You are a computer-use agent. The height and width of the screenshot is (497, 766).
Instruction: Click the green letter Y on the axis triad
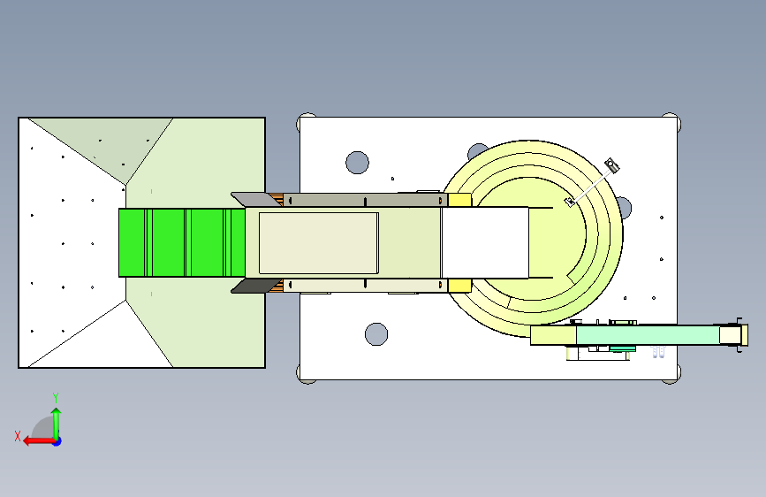(x=56, y=397)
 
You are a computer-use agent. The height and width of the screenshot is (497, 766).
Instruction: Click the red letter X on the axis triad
(x=18, y=436)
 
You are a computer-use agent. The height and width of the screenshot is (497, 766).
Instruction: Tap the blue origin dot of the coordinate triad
(x=57, y=441)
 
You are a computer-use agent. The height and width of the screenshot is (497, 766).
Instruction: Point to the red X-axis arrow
(x=39, y=441)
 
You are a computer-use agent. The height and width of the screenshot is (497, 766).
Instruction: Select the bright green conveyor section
(x=182, y=242)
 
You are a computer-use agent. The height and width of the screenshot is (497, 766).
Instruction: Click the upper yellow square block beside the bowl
(x=459, y=200)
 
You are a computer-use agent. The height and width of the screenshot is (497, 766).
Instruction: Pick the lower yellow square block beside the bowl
(x=459, y=286)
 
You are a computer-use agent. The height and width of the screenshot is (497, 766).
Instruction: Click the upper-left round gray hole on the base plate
(x=357, y=163)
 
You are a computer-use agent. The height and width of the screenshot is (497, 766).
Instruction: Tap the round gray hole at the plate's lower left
(x=376, y=334)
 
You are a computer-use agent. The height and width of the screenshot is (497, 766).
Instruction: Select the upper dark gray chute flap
(x=256, y=199)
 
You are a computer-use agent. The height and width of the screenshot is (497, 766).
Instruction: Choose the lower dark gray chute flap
(x=255, y=287)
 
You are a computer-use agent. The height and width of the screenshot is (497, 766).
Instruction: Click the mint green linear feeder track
(x=648, y=335)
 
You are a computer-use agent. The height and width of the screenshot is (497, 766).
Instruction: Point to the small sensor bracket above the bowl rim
(x=611, y=165)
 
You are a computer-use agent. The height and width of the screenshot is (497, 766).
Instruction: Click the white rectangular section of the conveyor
(x=485, y=242)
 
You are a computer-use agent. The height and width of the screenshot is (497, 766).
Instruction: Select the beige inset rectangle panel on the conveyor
(x=319, y=243)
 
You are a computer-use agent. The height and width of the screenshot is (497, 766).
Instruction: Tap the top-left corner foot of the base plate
(x=307, y=122)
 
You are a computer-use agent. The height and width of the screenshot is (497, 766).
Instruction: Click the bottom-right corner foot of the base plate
(x=671, y=374)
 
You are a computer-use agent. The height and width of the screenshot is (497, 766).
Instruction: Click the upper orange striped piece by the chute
(x=277, y=200)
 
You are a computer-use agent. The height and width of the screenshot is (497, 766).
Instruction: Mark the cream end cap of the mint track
(x=731, y=335)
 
